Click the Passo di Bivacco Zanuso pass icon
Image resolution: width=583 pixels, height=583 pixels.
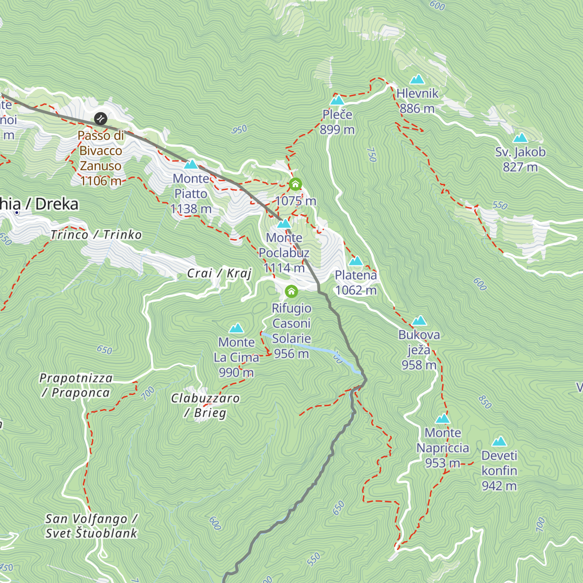[101, 119]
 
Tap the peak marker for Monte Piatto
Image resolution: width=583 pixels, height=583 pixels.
[191, 164]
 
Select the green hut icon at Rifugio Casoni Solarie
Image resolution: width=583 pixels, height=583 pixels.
[291, 291]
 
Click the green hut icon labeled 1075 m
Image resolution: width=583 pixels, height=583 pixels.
[295, 185]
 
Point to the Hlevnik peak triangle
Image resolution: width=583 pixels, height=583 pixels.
[417, 79]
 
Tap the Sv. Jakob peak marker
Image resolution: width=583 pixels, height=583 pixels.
[520, 138]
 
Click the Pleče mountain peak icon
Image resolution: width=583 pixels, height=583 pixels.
[337, 101]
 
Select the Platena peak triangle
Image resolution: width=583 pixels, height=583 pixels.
[356, 261]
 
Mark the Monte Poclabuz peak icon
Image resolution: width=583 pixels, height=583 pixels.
[284, 223]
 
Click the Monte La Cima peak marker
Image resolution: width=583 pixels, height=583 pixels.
[237, 328]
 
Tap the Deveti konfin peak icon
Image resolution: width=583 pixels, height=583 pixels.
[499, 442]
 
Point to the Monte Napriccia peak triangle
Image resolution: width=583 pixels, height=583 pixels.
[443, 419]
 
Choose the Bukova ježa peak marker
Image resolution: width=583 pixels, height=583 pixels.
[419, 321]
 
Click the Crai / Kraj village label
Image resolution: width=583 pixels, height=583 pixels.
[219, 274]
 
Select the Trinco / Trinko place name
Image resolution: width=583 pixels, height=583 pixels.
[96, 235]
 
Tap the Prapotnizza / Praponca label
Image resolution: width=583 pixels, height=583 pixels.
[76, 385]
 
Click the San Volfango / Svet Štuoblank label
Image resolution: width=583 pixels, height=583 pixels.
[91, 526]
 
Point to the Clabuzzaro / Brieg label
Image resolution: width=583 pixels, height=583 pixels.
[205, 405]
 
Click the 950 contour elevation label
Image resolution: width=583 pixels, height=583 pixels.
[240, 130]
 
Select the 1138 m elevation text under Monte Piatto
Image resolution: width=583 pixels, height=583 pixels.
[191, 209]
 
